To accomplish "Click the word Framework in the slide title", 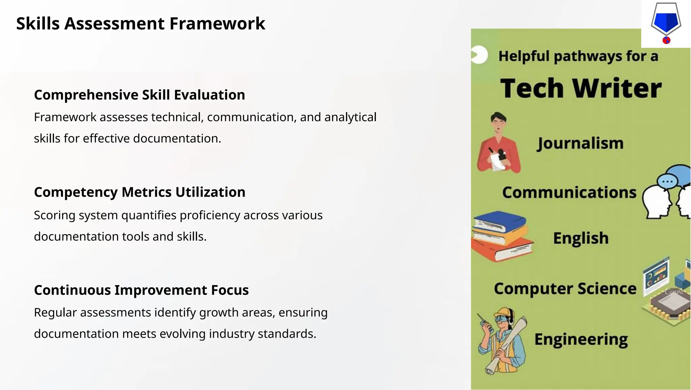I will click(217, 24).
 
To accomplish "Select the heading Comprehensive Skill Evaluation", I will click(139, 95).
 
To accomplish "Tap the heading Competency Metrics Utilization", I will click(139, 192).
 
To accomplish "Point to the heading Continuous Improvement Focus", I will click(141, 290).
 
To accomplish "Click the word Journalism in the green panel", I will click(580, 143).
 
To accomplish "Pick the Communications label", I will click(569, 192).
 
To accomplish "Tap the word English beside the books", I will click(581, 238).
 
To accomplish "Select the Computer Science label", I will click(565, 288).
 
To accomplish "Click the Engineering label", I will click(581, 339).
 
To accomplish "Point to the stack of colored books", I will click(501, 236).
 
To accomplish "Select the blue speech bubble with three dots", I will click(667, 182).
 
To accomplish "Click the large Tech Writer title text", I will click(580, 88).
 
